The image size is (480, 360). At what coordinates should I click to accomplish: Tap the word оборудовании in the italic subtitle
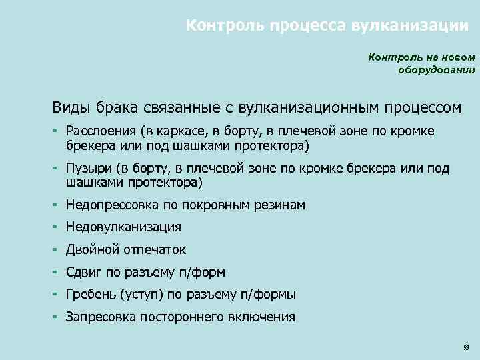coord(437,69)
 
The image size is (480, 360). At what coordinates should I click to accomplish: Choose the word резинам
coord(279,205)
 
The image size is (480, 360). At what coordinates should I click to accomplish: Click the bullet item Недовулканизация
coord(123,227)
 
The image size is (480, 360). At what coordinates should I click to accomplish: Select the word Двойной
coord(93,250)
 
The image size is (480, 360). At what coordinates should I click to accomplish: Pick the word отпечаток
coord(155,250)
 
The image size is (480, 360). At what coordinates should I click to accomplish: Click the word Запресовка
coord(99,317)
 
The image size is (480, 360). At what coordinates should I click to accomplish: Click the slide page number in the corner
coord(466,348)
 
